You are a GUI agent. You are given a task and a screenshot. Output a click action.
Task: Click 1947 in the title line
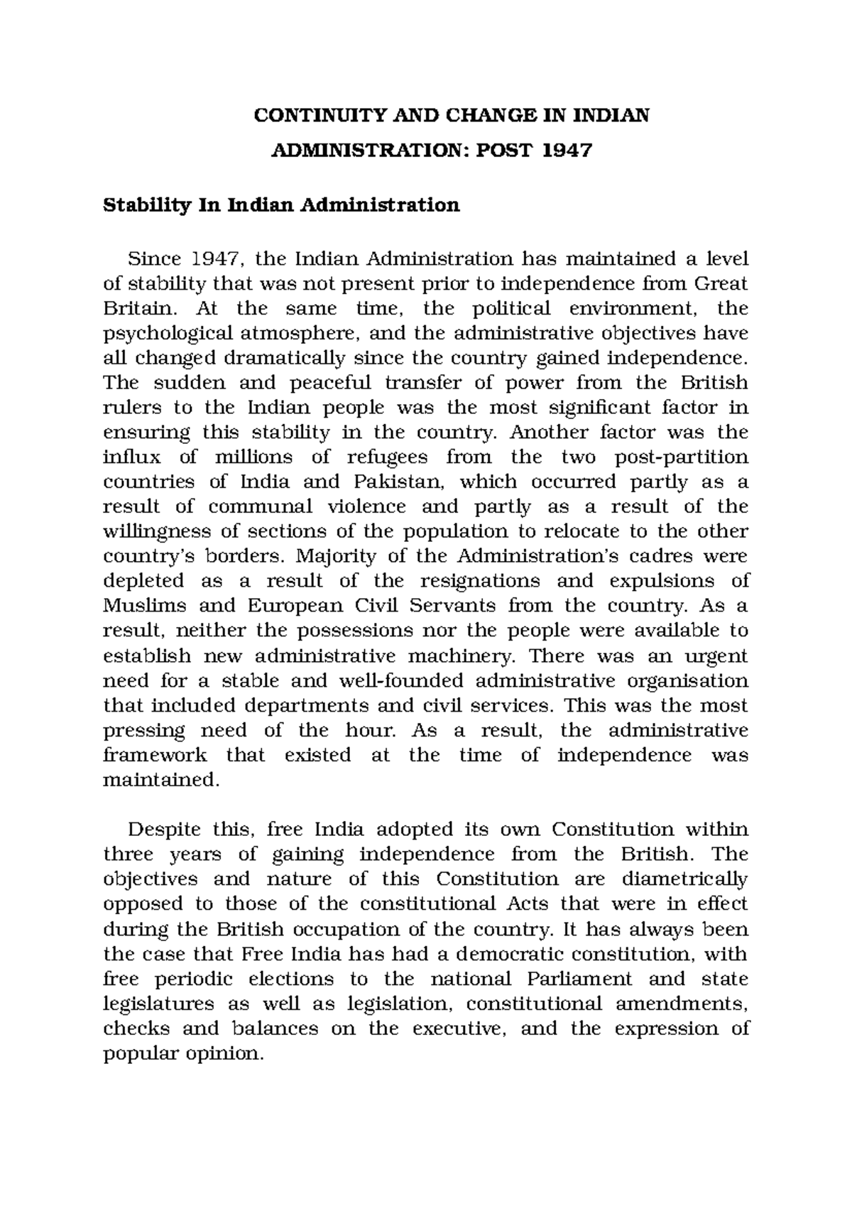click(567, 151)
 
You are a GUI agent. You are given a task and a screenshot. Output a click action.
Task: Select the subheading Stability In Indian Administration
click(281, 205)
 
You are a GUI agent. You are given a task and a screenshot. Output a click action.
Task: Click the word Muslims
click(145, 606)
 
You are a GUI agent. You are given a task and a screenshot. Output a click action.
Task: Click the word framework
click(155, 755)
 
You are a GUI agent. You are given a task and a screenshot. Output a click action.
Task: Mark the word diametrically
click(684, 879)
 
